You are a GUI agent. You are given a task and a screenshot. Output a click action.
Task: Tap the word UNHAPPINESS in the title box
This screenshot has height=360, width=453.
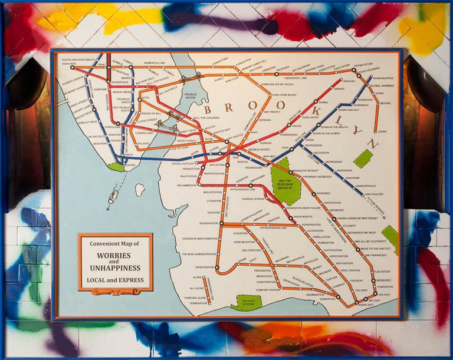116,268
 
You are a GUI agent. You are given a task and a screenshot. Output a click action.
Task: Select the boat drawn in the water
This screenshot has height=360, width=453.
113,197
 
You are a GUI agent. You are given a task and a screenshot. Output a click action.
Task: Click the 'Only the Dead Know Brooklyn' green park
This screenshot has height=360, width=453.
285,180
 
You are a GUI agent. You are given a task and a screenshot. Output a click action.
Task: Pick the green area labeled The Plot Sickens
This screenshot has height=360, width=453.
246,302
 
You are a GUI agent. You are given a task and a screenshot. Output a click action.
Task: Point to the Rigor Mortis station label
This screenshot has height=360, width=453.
303,217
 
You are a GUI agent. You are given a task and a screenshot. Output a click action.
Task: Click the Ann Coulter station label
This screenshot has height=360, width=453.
373,193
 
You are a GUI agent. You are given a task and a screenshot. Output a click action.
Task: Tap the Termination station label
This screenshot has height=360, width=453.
198,303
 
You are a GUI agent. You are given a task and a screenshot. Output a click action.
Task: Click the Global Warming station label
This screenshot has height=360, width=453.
382,86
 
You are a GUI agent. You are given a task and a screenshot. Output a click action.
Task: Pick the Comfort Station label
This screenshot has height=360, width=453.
268,289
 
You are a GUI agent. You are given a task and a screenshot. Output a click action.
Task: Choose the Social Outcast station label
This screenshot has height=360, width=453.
183,163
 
